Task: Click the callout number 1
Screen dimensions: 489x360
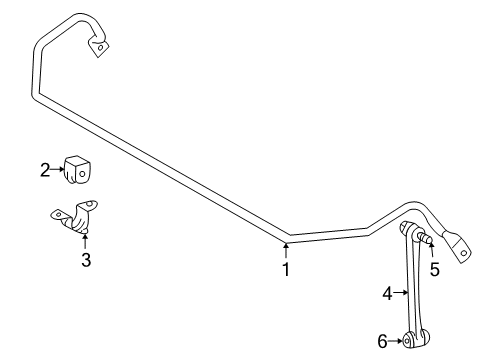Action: click(286, 269)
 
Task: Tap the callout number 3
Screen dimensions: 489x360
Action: click(86, 261)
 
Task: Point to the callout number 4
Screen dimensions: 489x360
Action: click(388, 293)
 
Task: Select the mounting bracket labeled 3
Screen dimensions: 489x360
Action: click(76, 220)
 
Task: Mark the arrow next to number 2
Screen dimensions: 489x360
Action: click(58, 171)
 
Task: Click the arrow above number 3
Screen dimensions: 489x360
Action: click(86, 240)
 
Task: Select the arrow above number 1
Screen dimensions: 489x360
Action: click(286, 248)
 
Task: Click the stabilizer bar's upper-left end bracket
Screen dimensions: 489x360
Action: click(100, 46)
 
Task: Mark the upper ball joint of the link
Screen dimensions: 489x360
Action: click(410, 233)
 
